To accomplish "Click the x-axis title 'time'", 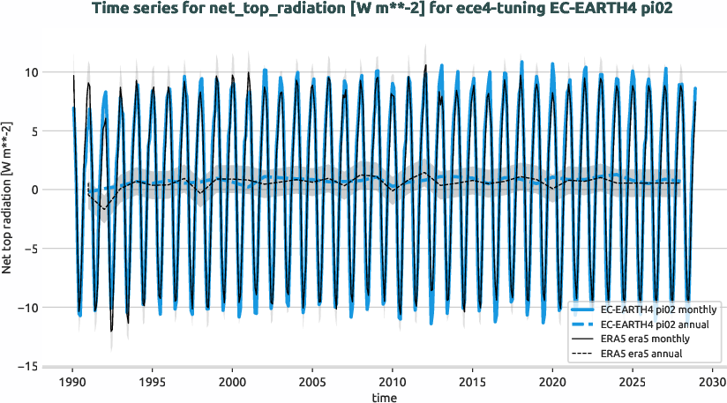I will coord(384,399).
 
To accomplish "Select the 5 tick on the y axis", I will coord(34,131).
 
